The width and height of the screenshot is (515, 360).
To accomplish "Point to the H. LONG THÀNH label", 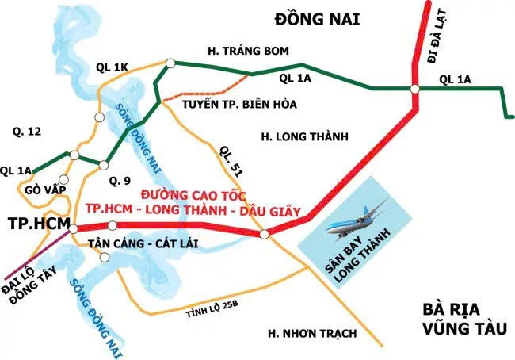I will click(x=304, y=137).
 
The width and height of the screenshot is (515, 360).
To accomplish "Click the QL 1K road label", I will click(x=111, y=67).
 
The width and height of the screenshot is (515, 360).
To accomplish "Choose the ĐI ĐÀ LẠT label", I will click(x=435, y=40).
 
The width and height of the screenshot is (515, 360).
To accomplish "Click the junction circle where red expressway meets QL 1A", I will click(x=415, y=88).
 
